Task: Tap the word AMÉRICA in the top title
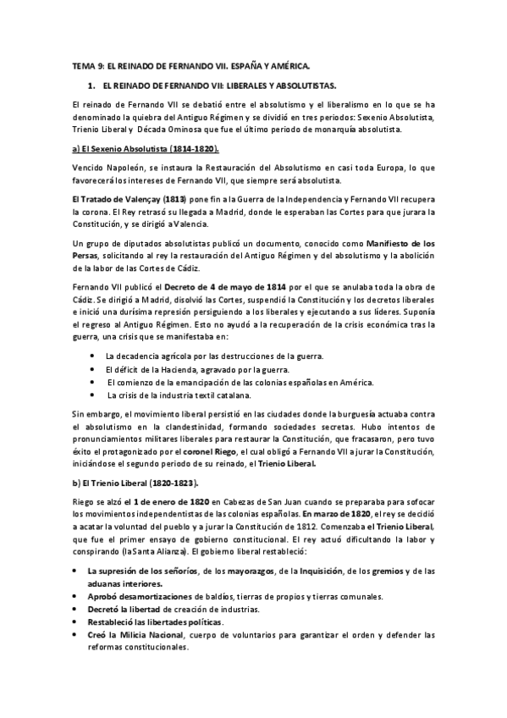tap(286, 64)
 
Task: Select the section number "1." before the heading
tap(91, 86)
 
